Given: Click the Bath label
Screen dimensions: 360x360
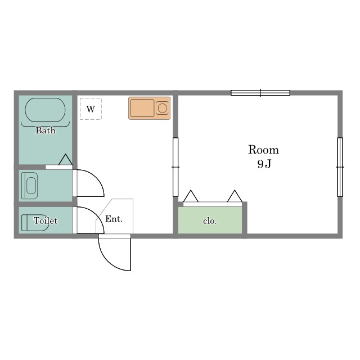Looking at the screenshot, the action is point(46,130).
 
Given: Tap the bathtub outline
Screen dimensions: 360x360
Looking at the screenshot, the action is point(45,98).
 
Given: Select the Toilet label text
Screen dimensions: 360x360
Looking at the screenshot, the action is point(46,220).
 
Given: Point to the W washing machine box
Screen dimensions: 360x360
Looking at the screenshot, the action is point(91,109).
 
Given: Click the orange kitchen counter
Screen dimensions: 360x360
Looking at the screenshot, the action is point(149,108).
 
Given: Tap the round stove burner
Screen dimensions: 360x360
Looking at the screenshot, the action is point(163,108).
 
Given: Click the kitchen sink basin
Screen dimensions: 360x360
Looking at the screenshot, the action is point(142,108).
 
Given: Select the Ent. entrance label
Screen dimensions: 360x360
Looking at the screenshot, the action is point(114,219).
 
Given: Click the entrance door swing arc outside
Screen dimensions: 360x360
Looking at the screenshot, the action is point(108,262).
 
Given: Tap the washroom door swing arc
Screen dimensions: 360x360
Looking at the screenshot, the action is point(97,178).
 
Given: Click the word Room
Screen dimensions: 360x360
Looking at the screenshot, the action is point(264,150).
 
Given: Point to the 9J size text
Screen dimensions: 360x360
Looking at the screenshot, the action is point(264,164).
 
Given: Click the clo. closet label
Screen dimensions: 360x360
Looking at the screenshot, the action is point(210,221).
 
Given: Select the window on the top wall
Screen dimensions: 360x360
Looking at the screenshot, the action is point(260,93).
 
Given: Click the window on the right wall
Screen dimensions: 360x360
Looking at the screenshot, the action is point(340,167).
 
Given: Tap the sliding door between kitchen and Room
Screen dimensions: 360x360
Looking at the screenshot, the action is point(175,167).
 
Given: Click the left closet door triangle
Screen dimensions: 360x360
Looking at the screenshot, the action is point(191,196).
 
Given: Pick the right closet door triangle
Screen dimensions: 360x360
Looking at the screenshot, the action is point(235,196).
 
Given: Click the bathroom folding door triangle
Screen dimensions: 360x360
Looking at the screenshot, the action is point(66,160).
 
